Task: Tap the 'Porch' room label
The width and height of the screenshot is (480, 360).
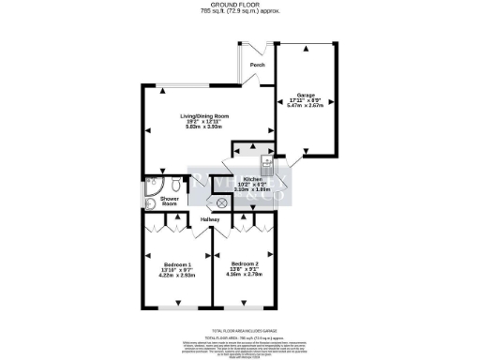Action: click(x=257, y=65)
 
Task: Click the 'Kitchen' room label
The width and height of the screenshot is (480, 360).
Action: click(x=252, y=178)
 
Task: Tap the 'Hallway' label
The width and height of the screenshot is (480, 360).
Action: click(x=209, y=219)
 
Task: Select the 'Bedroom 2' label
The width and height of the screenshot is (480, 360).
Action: click(x=244, y=263)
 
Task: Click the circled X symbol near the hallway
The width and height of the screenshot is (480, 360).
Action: click(x=223, y=202)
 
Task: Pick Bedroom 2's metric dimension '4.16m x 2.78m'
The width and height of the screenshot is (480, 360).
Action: click(x=244, y=275)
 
